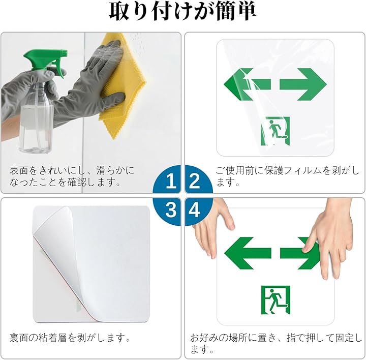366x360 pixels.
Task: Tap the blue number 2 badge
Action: (197, 180)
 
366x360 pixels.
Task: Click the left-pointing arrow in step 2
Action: (247, 84)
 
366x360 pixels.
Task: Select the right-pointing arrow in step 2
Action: (303, 84)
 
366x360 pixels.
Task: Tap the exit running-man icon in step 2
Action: (275, 131)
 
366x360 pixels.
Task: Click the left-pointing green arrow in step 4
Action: (248, 253)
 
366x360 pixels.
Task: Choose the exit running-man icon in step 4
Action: (276, 300)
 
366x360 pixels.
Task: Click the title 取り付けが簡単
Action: (183, 12)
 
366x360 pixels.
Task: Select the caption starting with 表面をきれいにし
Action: (72, 176)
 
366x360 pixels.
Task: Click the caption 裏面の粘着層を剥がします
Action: (70, 338)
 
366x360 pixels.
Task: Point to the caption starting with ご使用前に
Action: (287, 176)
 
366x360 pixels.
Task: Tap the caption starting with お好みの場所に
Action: (276, 343)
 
